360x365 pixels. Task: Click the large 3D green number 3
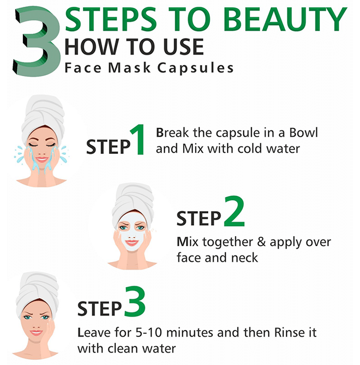click(x=37, y=41)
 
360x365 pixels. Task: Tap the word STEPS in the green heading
click(x=111, y=19)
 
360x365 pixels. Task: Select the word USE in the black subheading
click(x=184, y=47)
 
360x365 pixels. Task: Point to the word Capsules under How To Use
click(x=195, y=68)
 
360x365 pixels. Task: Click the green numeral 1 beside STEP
click(x=138, y=139)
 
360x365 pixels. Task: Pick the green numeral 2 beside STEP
click(x=234, y=211)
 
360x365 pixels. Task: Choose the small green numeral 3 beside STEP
click(x=135, y=301)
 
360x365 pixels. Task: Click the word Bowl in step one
click(x=304, y=132)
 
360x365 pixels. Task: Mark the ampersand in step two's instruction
click(x=261, y=242)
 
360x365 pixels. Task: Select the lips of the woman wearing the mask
click(x=131, y=242)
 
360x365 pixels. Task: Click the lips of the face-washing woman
click(x=42, y=160)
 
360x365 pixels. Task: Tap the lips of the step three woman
click(x=36, y=333)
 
